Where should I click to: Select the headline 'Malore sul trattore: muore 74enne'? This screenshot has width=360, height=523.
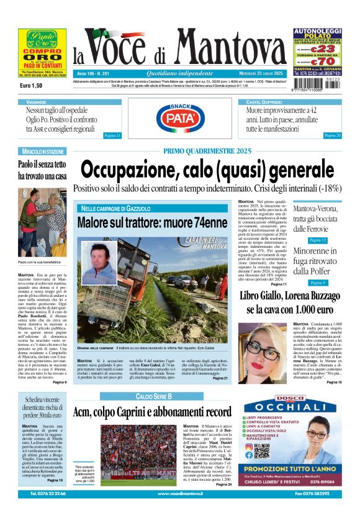[152, 222]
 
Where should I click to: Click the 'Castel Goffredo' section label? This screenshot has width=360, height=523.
[264, 101]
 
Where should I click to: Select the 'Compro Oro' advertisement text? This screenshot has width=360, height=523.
[42, 56]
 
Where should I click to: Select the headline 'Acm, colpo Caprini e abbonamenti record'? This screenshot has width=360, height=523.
[152, 412]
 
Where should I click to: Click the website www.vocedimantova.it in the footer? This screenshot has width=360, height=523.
[180, 511]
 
